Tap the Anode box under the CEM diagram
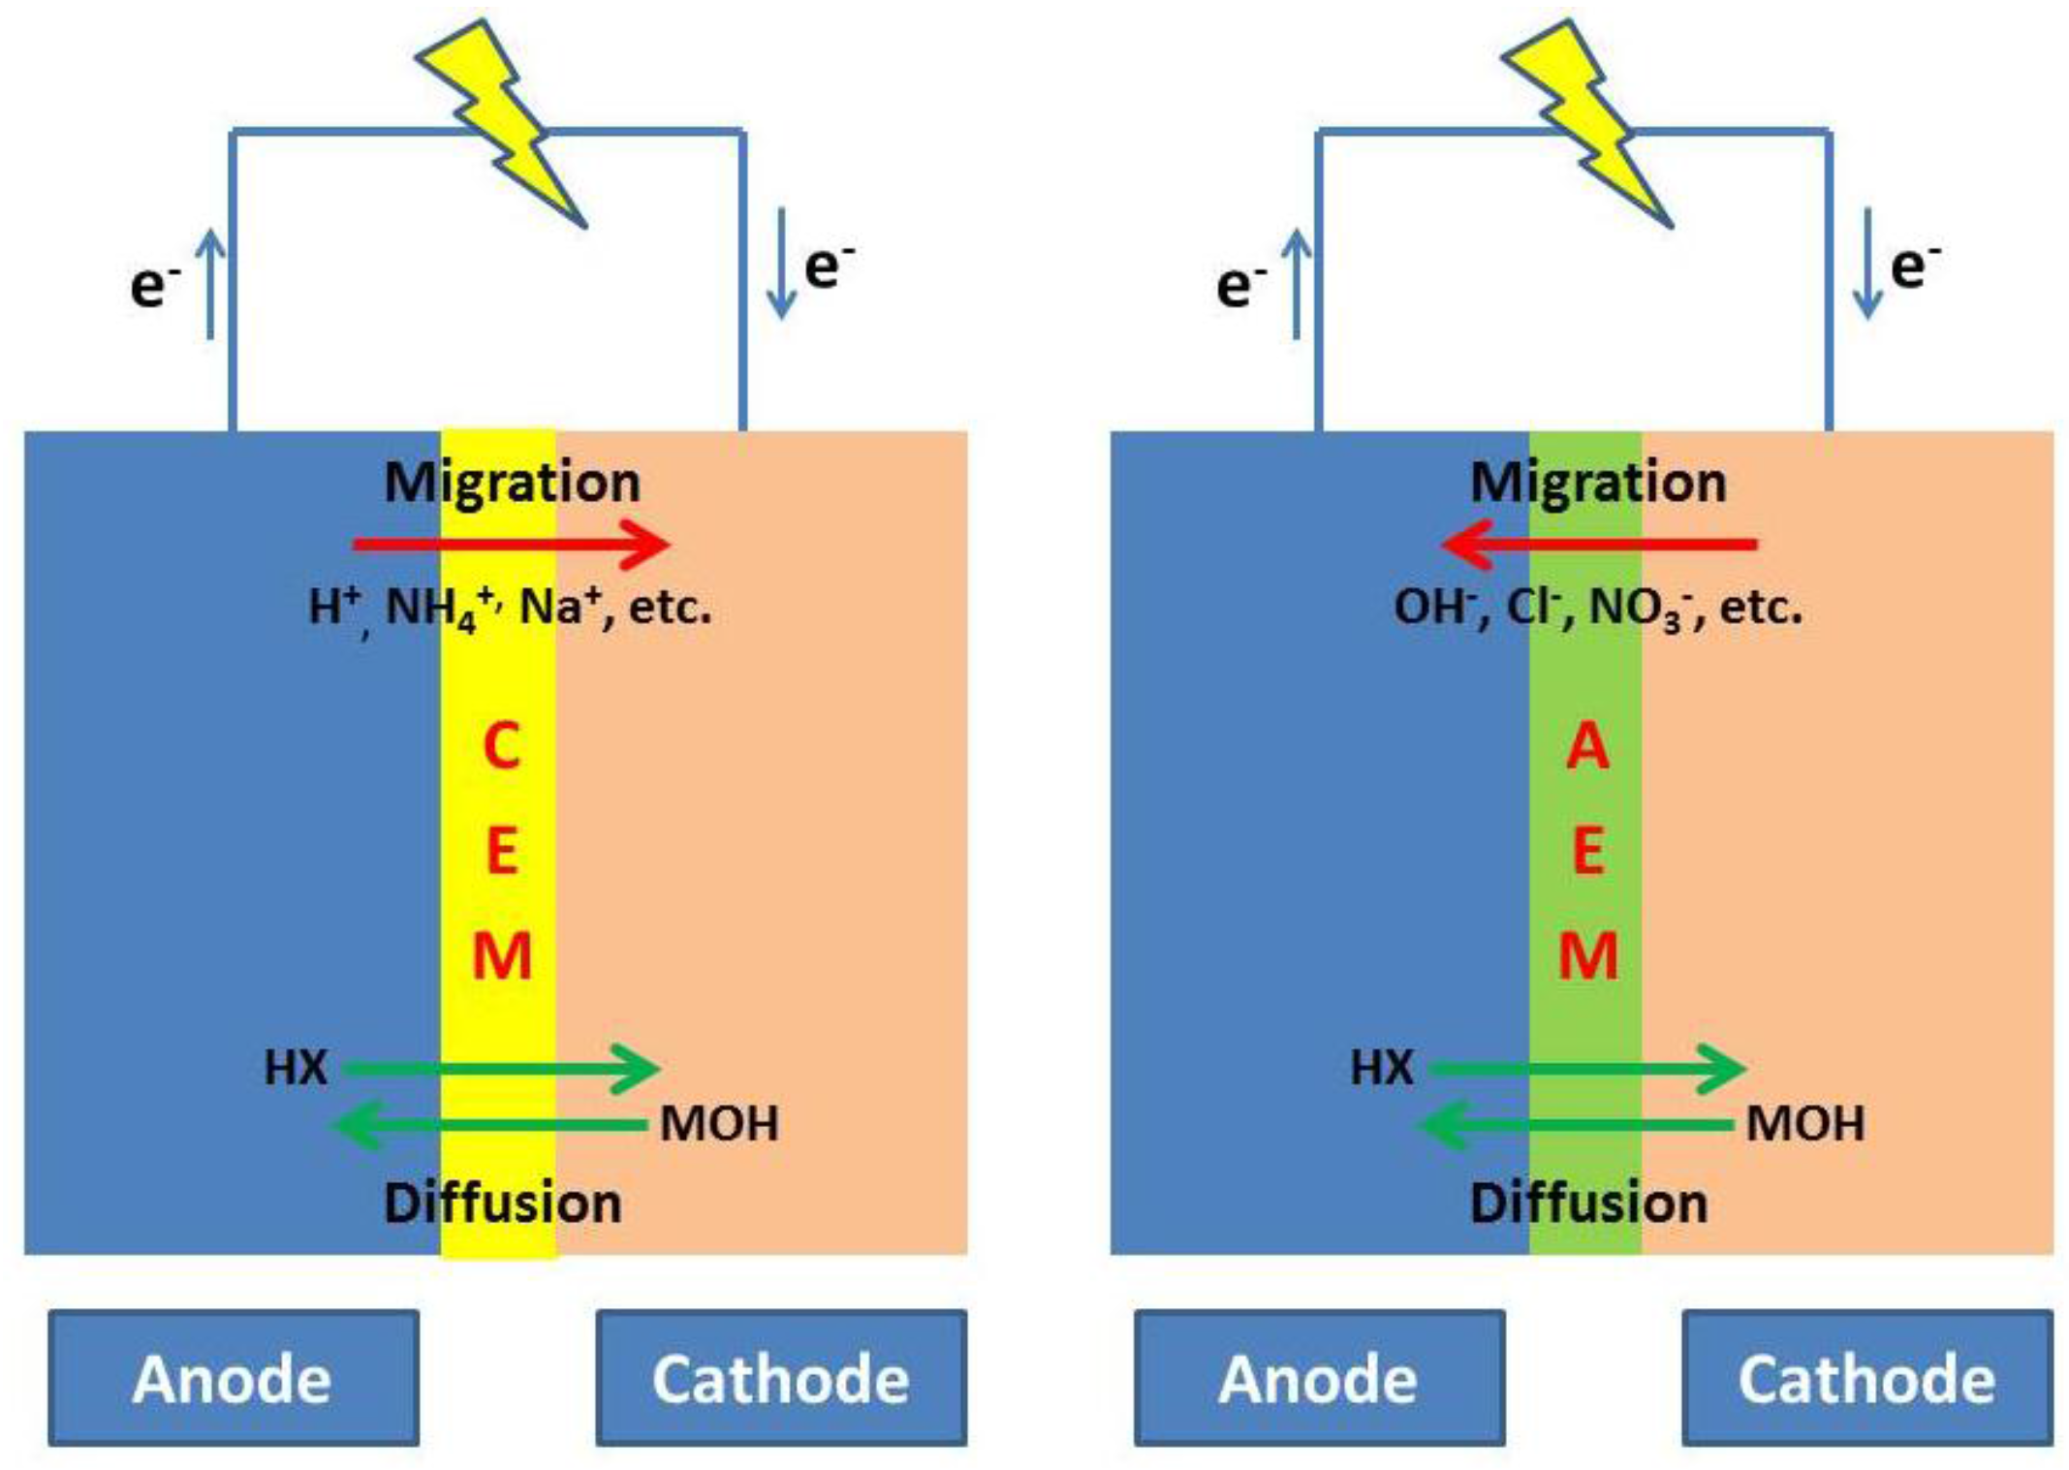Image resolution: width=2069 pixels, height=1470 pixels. (x=234, y=1377)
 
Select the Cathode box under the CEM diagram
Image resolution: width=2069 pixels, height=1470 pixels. (x=781, y=1377)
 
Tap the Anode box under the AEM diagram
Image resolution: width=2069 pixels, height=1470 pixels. (x=1319, y=1377)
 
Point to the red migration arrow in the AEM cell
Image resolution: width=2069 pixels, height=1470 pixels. (x=1599, y=544)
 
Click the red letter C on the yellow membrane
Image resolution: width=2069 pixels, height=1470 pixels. (x=501, y=746)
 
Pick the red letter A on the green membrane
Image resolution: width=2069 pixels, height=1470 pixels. (x=1587, y=746)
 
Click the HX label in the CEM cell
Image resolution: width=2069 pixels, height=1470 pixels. (x=296, y=1068)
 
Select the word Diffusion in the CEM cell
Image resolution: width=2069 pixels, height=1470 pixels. (x=502, y=1203)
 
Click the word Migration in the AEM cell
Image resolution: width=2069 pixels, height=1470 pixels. (x=1598, y=482)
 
